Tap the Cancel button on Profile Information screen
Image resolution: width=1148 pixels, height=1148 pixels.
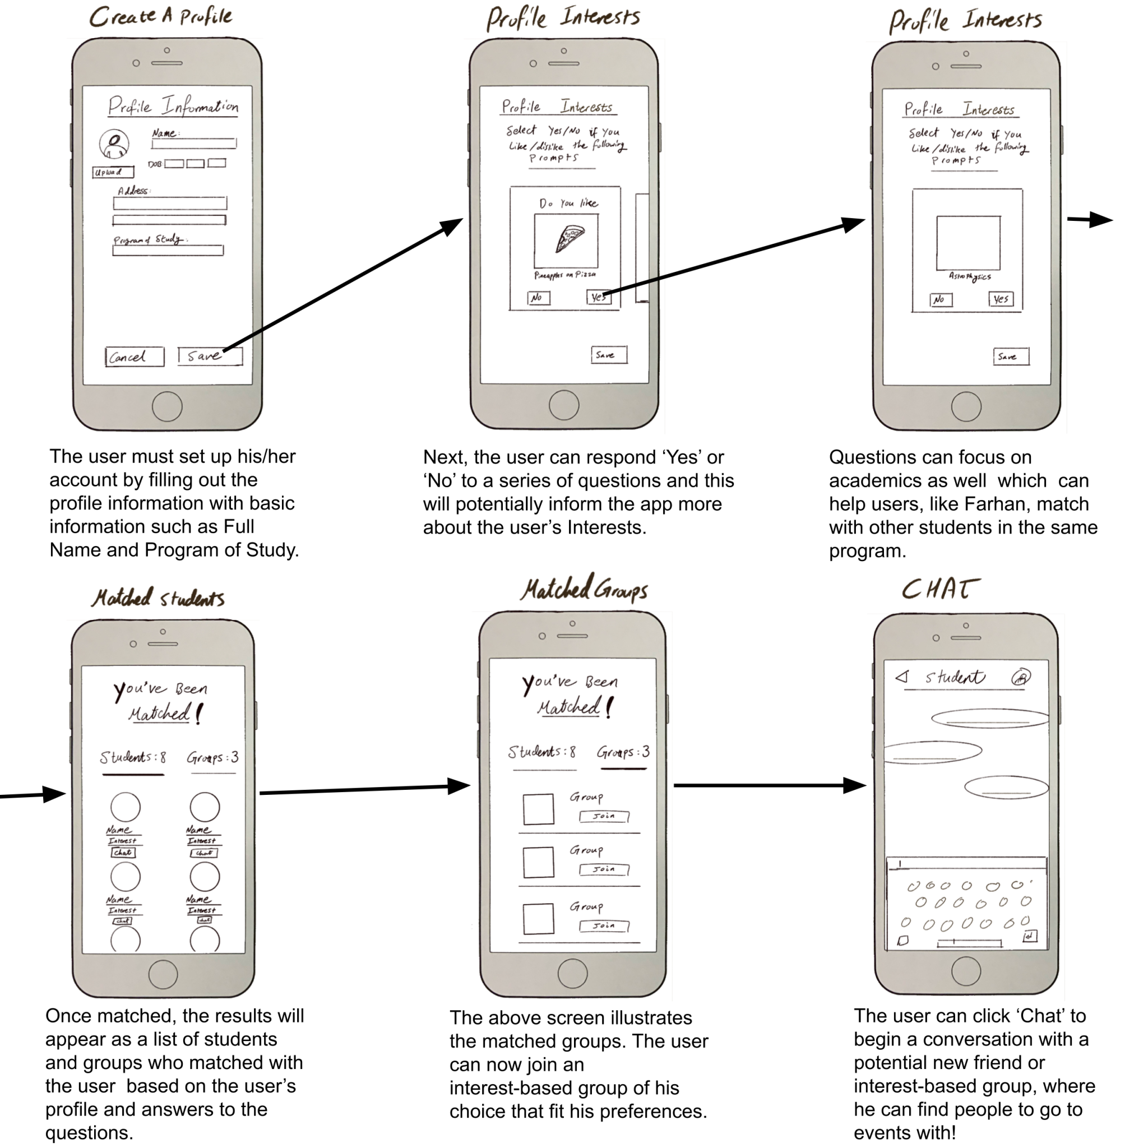point(135,357)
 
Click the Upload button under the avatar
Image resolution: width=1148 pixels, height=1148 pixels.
point(113,172)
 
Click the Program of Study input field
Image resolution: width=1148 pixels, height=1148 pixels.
point(168,251)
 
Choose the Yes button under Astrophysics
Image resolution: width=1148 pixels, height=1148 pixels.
point(1001,299)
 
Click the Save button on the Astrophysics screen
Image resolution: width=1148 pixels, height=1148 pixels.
point(1011,357)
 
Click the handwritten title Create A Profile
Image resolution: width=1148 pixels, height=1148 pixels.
point(161,17)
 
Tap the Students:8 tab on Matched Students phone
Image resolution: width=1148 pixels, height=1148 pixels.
point(133,758)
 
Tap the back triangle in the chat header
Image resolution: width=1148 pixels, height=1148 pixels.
point(902,677)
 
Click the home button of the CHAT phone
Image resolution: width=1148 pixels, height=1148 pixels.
point(966,972)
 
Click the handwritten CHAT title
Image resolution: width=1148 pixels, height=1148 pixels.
point(940,590)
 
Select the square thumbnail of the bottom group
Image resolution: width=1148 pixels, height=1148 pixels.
point(538,919)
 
